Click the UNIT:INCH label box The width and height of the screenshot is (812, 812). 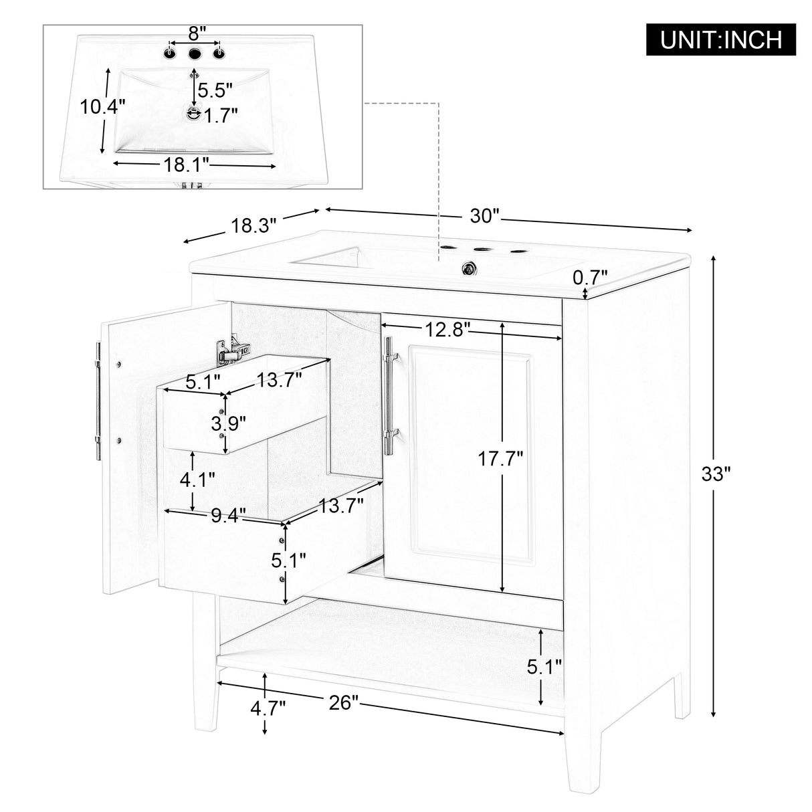point(721,39)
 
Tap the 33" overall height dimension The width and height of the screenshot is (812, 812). point(716,474)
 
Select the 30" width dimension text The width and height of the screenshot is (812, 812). point(485,215)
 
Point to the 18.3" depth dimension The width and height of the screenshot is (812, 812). point(253,225)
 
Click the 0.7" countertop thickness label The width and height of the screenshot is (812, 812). point(591,276)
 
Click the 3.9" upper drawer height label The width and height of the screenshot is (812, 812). point(228,423)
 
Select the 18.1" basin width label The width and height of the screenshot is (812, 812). point(187,164)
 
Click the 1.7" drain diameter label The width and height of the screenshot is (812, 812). point(221,116)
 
